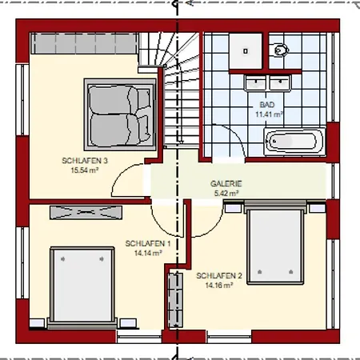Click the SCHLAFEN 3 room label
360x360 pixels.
pos(85,161)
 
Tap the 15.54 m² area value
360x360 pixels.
pos(85,170)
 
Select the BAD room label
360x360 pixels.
pos(267,105)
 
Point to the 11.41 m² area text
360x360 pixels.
pos(269,114)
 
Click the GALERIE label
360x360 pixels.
pos(226,184)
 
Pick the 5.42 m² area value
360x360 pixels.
pos(226,193)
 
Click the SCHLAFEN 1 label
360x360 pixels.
pos(148,243)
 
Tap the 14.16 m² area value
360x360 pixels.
pos(219,286)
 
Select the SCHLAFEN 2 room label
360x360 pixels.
pos(219,276)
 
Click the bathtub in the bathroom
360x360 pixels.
pos(294,142)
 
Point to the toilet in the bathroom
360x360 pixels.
pos(278,50)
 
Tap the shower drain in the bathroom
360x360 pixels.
pos(246,51)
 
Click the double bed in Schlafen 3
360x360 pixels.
pos(120,114)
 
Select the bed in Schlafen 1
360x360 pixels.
pos(82,287)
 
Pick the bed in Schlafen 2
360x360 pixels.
pos(275,242)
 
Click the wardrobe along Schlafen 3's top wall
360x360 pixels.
pos(84,43)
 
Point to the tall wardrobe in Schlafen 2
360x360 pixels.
pos(175,301)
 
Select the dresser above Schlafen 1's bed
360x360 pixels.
pos(86,213)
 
